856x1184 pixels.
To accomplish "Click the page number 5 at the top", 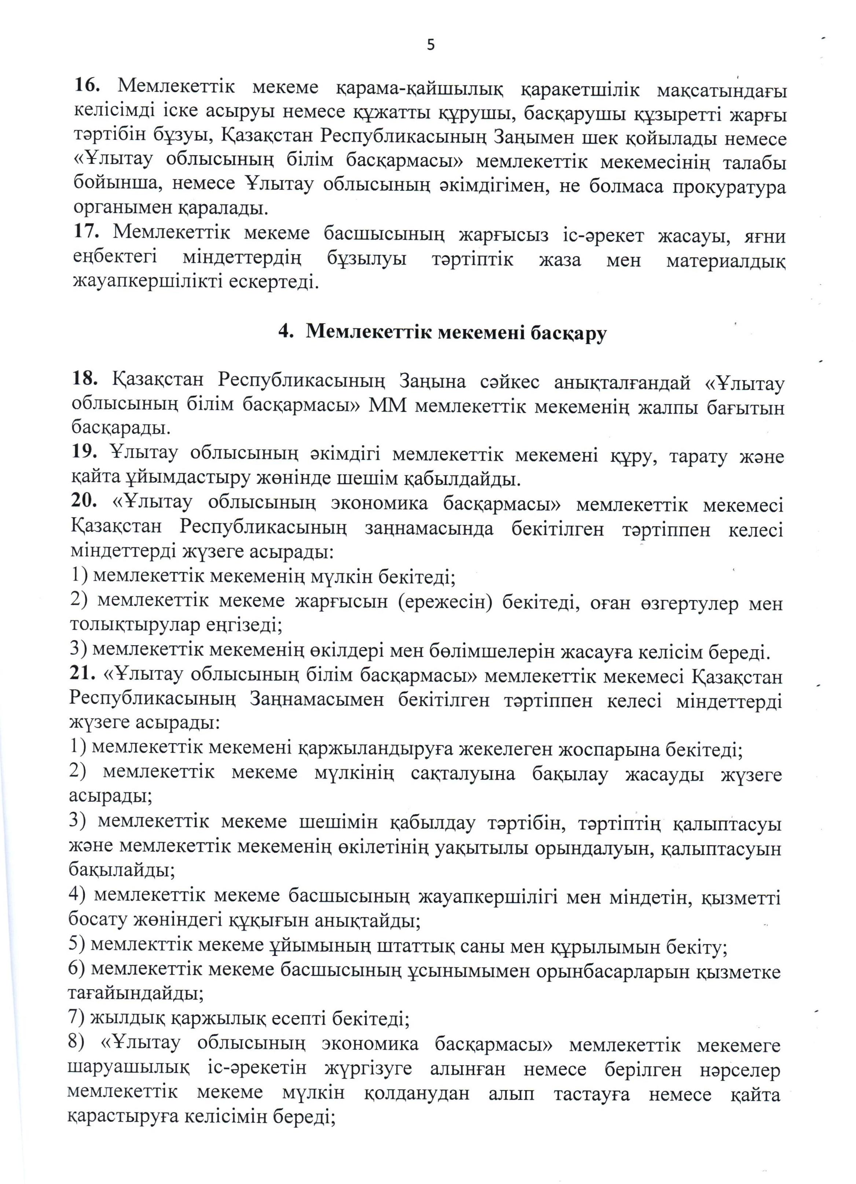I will pyautogui.click(x=431, y=45).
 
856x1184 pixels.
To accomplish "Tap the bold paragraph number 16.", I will pyautogui.click(x=89, y=85).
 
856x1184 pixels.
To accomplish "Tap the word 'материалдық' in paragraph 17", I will pyautogui.click(x=725, y=259).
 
